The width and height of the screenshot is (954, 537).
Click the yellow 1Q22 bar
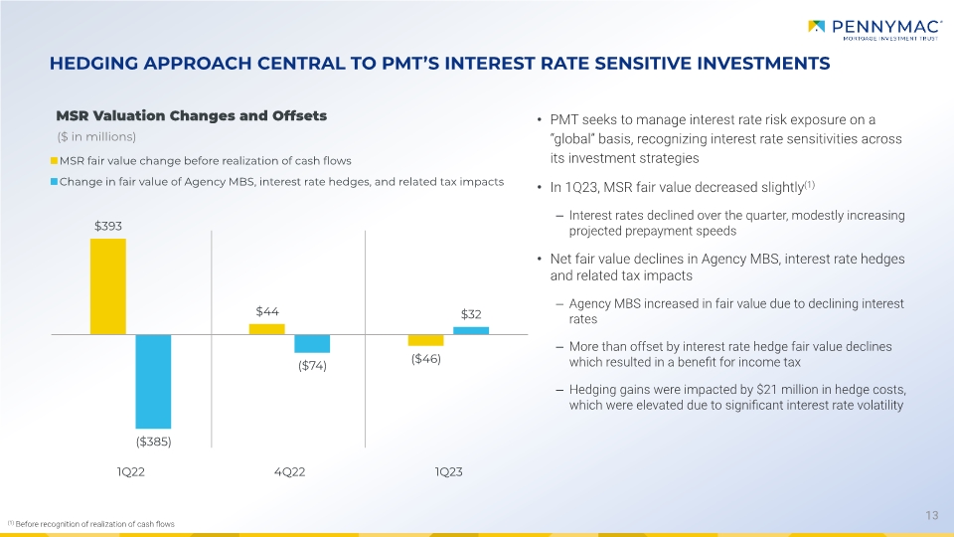coord(108,286)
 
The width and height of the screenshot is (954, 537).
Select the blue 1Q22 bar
coord(153,381)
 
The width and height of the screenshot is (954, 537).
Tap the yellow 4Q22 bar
coord(267,329)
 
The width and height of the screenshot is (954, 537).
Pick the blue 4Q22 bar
coord(312,344)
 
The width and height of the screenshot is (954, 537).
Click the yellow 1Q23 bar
coord(426,340)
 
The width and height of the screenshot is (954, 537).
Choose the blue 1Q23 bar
coord(471,330)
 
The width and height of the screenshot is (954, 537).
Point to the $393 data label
coord(108,227)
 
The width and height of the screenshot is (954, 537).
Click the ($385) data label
coord(153,442)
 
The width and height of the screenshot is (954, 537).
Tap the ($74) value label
coord(312,366)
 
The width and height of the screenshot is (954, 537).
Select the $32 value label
coord(471,314)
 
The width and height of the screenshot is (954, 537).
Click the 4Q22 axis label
coord(289,471)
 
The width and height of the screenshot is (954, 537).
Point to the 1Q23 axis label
coord(448,471)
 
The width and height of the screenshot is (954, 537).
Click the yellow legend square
coord(54,161)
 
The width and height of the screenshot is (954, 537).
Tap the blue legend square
coord(54,181)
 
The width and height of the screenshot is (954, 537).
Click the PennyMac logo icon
coord(816,26)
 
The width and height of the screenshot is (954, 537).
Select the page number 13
coord(931,516)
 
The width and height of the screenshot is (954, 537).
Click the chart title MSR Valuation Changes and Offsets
coord(192,115)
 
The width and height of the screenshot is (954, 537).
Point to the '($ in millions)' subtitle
coord(96,137)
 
